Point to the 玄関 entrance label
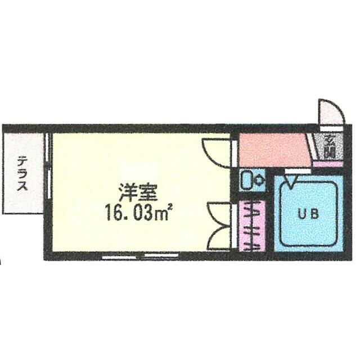328,148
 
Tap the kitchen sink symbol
246,180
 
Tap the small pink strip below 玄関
325,164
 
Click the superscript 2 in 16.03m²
168,209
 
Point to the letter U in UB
302,214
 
